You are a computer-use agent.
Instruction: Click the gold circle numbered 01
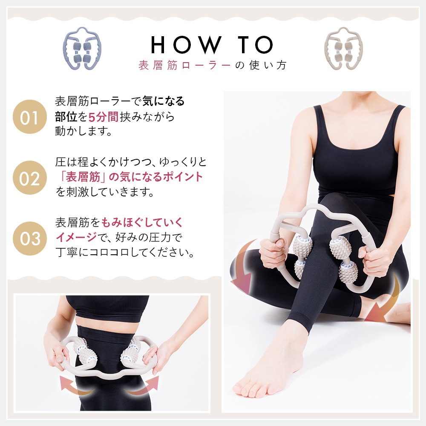[x=29, y=117]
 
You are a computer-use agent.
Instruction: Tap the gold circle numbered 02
[x=29, y=178]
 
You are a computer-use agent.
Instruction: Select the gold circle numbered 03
[x=29, y=238]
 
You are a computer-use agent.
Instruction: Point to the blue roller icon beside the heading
[x=82, y=49]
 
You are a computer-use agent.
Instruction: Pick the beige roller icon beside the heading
[x=343, y=49]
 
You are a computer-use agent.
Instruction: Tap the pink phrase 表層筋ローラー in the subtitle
[x=184, y=65]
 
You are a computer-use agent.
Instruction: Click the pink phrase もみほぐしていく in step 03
[x=143, y=222]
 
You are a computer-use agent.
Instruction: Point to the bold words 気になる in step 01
[x=169, y=102]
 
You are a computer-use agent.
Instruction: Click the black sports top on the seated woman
[x=355, y=158]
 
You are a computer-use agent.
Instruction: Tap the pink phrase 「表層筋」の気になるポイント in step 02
[x=130, y=177]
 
